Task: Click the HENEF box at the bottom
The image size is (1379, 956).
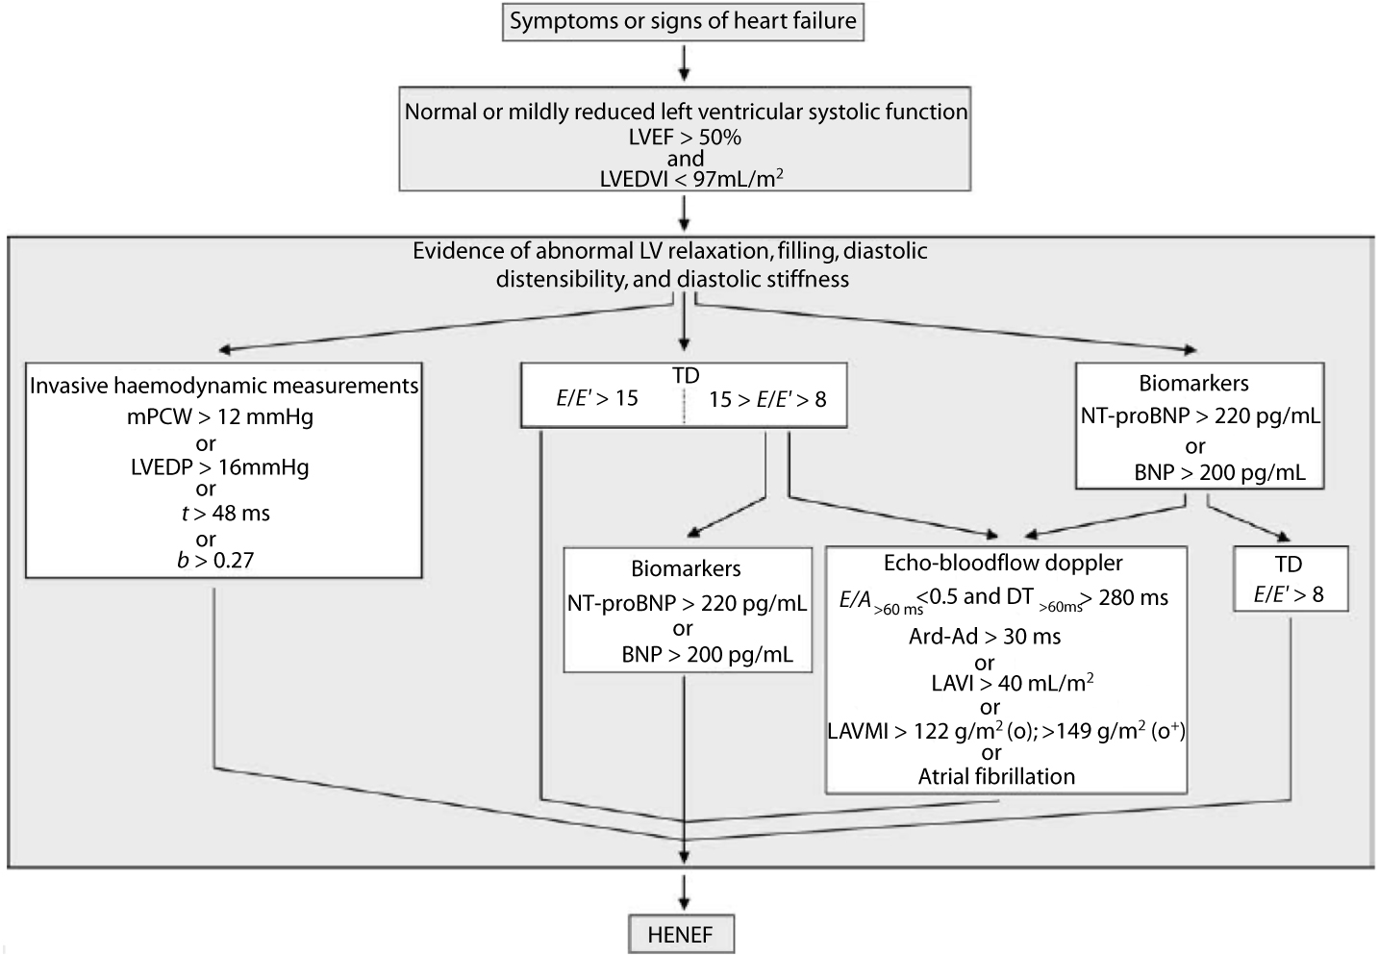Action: click(x=681, y=934)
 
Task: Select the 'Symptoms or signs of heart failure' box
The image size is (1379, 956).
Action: click(x=683, y=21)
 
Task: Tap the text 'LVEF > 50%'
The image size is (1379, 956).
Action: click(x=686, y=138)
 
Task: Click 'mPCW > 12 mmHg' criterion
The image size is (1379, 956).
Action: click(x=221, y=417)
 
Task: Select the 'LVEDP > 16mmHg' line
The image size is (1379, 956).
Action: click(x=220, y=468)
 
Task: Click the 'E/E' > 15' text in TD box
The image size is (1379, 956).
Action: click(x=597, y=398)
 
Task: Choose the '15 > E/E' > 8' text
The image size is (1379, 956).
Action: click(x=767, y=399)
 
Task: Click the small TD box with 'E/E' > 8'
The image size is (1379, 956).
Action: click(x=1289, y=580)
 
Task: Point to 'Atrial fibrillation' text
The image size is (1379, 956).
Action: click(x=996, y=776)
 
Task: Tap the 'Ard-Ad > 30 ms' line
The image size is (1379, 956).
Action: click(x=985, y=637)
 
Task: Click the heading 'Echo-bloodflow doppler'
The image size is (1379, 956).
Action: click(x=1003, y=564)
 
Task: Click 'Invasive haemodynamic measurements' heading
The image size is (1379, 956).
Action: click(x=224, y=386)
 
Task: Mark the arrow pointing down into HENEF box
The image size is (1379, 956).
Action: click(x=683, y=892)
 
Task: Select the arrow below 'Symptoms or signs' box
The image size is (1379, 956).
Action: click(x=683, y=62)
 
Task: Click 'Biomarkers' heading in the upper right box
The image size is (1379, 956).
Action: click(x=1193, y=383)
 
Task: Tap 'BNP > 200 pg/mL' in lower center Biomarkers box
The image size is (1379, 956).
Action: click(x=707, y=655)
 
